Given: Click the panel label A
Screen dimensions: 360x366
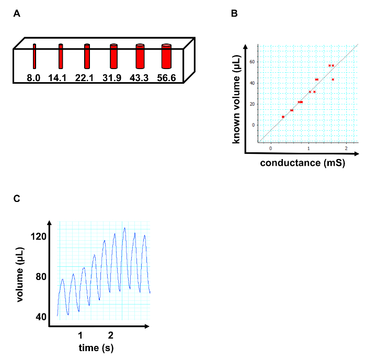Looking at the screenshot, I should (x=17, y=14).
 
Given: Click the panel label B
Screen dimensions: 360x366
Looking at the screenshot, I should (x=234, y=14).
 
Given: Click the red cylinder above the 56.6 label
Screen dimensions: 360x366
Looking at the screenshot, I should (x=166, y=57).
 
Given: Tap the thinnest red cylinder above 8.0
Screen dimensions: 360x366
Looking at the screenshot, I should (x=35, y=57).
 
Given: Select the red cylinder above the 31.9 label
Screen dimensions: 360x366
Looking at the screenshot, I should (x=113, y=57).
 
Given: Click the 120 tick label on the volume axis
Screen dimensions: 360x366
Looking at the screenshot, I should (x=40, y=237).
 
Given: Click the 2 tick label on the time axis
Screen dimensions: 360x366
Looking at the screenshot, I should (x=110, y=335).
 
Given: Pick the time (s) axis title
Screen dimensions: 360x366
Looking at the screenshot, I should (x=96, y=347).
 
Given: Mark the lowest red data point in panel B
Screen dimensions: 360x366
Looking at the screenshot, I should (x=283, y=117).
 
